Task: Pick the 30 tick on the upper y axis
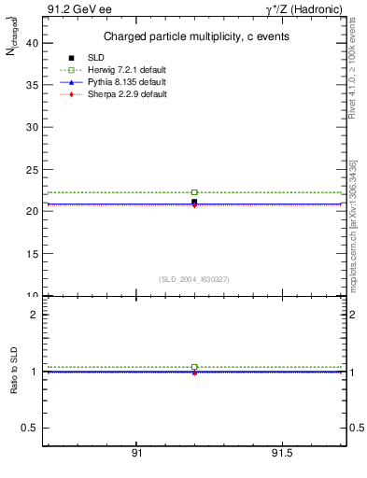tap(34, 126)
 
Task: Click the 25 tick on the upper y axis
tap(34, 169)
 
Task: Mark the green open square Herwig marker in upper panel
tap(194, 192)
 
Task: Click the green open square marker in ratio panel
tap(194, 367)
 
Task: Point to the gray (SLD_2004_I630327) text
tap(194, 279)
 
